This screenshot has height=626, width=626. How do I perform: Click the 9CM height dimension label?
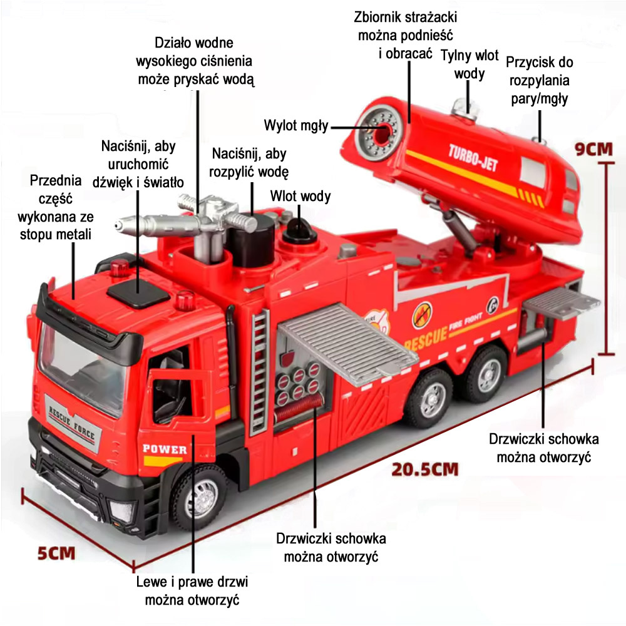coord(593,149)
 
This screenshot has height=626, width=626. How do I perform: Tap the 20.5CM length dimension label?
coord(425,469)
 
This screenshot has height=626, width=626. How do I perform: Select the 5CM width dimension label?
coord(56,553)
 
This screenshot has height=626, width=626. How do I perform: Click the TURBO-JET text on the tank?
coord(473,158)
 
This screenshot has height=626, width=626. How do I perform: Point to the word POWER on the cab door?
coord(165,449)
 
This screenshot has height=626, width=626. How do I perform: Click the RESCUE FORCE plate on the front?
coord(72,424)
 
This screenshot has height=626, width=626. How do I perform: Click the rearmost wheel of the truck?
coord(486,374)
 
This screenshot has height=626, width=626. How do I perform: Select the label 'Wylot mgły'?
coord(296,126)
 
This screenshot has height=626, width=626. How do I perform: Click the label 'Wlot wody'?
coord(300,196)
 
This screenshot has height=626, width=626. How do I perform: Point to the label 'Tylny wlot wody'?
coord(469,64)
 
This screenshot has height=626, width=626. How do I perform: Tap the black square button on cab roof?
coord(138,293)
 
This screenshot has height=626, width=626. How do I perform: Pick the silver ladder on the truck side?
coord(259,372)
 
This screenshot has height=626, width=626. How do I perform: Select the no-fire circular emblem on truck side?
coord(423,314)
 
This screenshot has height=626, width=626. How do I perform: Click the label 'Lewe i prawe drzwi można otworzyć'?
coord(192,590)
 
